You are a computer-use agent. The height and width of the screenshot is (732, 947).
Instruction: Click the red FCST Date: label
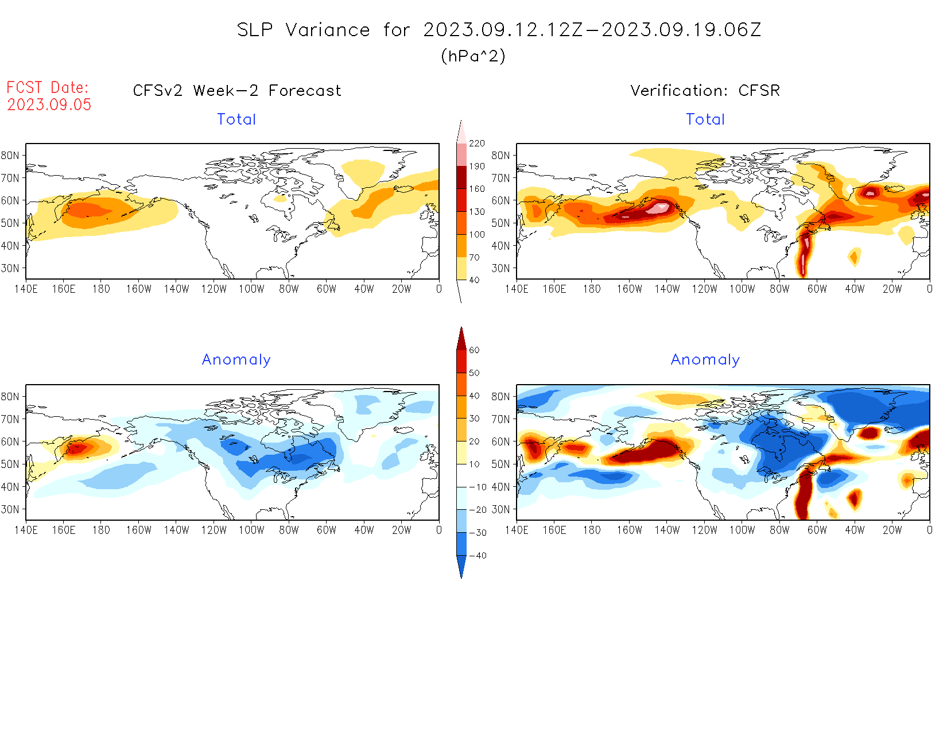(x=48, y=87)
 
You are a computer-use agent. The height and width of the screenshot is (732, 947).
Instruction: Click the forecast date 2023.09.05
(x=49, y=104)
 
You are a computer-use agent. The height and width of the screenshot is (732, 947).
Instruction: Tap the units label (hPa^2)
(x=473, y=56)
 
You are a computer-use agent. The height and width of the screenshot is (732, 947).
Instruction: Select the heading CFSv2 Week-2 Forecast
(x=237, y=91)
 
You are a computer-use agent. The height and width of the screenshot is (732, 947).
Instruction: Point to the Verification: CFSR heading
(x=705, y=91)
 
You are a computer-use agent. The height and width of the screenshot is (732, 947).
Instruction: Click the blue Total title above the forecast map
(x=236, y=119)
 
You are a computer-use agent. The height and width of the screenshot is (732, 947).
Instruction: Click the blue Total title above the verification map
(x=705, y=119)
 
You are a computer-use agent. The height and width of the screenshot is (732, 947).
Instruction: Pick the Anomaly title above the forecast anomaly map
(x=236, y=360)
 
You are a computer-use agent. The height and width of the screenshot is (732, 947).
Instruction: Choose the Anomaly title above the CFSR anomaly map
(x=705, y=360)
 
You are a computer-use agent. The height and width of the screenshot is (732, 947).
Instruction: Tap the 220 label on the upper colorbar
(x=477, y=144)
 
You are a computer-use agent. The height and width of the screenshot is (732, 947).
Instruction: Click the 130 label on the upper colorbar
(x=477, y=212)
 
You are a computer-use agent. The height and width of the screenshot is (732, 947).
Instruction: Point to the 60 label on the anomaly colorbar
(x=474, y=350)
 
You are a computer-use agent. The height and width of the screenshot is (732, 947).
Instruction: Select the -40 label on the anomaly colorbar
(x=478, y=556)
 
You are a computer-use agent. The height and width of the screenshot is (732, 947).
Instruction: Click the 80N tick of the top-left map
(x=10, y=156)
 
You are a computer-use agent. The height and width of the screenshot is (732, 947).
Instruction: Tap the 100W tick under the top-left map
(x=251, y=289)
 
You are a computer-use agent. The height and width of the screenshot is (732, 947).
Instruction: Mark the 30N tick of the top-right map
(x=500, y=268)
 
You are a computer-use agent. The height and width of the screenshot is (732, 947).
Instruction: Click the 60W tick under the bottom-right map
(x=817, y=530)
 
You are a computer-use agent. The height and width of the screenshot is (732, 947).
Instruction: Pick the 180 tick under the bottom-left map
(x=101, y=530)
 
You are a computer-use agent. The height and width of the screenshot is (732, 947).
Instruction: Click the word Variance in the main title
(x=328, y=30)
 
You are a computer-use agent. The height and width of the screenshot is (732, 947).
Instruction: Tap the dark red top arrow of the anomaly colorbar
(x=461, y=339)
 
